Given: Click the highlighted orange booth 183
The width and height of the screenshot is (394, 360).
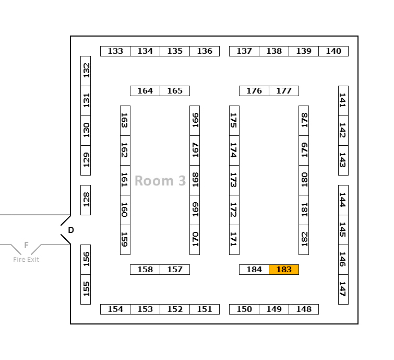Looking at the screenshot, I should tap(284, 270).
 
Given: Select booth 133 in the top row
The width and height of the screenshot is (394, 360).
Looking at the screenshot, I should tap(115, 51).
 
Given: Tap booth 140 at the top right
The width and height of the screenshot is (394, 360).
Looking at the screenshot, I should tap(333, 51).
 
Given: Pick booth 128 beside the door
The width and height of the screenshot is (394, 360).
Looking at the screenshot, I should tap(86, 200).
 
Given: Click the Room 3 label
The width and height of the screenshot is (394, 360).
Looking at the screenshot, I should tap(160, 181).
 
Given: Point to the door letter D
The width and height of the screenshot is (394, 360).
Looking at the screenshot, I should tap(71, 230).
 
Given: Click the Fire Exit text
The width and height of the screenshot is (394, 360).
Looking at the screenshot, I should tap(26, 259).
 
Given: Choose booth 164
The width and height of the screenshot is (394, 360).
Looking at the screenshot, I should tap(145, 91).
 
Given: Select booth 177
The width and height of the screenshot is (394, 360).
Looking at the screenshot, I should tap(284, 91).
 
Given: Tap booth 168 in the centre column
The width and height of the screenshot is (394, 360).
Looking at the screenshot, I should tap(195, 180).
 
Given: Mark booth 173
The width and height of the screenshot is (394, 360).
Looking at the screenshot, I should tap(234, 180).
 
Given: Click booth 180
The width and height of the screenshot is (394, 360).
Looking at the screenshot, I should tap(304, 180).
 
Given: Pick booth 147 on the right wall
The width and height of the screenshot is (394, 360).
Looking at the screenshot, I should tap(343, 289).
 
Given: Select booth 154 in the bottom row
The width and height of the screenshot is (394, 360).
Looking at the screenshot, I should tap(115, 309).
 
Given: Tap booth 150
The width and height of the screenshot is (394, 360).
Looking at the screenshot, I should tap(244, 309).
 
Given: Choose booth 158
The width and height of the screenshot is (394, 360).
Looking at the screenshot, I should tap(145, 270).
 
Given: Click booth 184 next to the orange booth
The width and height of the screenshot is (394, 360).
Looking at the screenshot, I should tap(254, 270).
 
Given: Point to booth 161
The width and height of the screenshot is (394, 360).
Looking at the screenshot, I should tap(125, 180).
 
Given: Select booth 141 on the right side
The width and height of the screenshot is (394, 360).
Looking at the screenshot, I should tap(343, 101).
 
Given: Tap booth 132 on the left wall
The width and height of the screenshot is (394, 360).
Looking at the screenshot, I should tap(86, 71).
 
